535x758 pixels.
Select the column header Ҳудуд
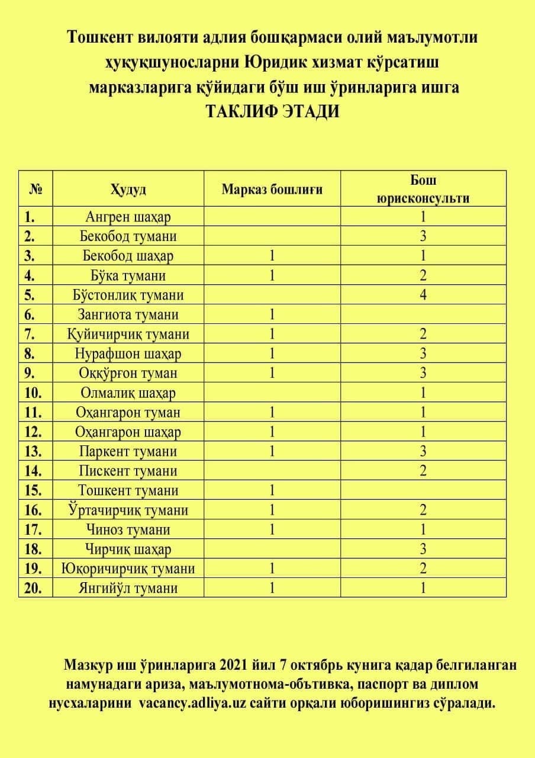[128, 189]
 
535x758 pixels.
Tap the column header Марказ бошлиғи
[272, 189]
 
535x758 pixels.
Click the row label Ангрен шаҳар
[128, 217]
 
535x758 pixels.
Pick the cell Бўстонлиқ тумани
[128, 295]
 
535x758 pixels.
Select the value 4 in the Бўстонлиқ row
[423, 295]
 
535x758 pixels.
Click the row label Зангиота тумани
[128, 314]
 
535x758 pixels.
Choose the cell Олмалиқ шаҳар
[128, 393]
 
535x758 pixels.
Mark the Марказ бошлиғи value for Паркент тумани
[272, 451]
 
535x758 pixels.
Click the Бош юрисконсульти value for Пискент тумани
[423, 471]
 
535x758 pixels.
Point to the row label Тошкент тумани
[128, 490]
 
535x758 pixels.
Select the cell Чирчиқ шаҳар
[128, 549]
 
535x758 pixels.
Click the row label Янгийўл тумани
[128, 588]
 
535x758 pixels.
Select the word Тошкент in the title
[102, 38]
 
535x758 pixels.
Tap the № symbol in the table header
[34, 189]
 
